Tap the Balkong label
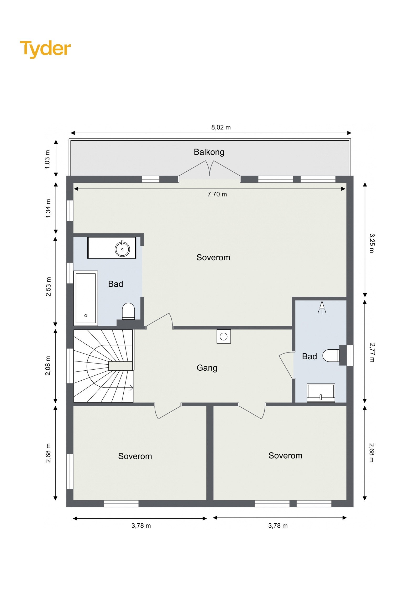point(209,152)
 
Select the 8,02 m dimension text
point(221,127)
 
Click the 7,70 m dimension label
point(217,194)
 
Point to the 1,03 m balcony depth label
point(47,159)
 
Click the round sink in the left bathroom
point(122,249)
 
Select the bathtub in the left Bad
point(86,298)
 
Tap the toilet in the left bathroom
point(128,311)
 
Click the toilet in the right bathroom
point(331,356)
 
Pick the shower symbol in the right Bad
point(322,307)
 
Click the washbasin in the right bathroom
point(321,393)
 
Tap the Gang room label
point(207,368)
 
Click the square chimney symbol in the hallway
point(224,337)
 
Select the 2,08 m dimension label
point(48,366)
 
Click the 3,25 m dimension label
point(372,243)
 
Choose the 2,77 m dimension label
point(372,353)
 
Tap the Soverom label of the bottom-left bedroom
point(135,456)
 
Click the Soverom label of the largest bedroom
point(213,257)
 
